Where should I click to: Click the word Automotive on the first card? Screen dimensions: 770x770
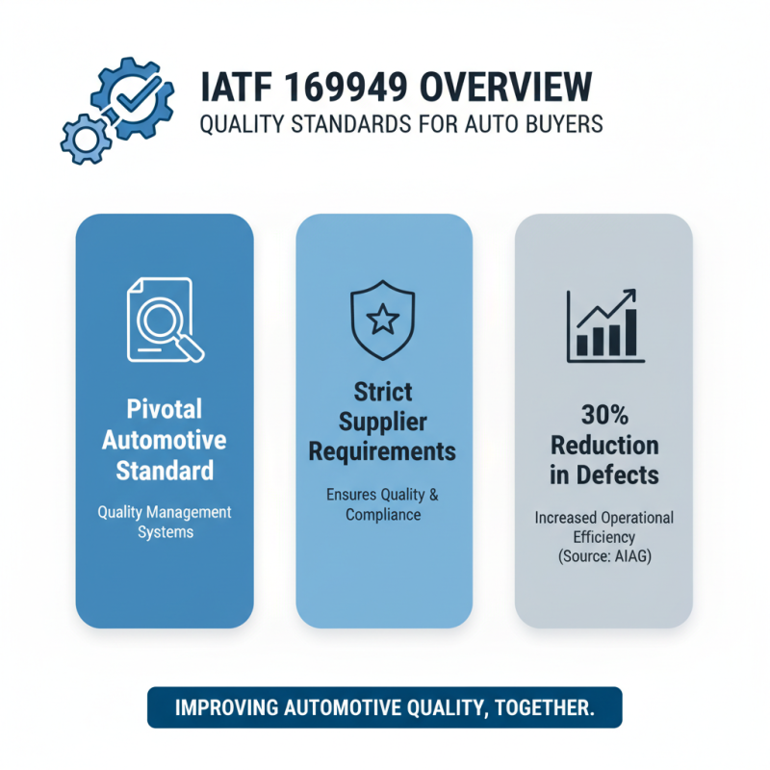point(165,442)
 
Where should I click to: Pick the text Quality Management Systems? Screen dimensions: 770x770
point(165,521)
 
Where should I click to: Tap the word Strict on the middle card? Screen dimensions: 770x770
point(383,393)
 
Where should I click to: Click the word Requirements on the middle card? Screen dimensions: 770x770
point(384,451)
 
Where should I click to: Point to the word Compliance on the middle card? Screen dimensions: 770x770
point(384,515)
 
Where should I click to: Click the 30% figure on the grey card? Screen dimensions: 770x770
point(604,417)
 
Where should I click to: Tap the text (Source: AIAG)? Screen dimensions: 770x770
point(604,555)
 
